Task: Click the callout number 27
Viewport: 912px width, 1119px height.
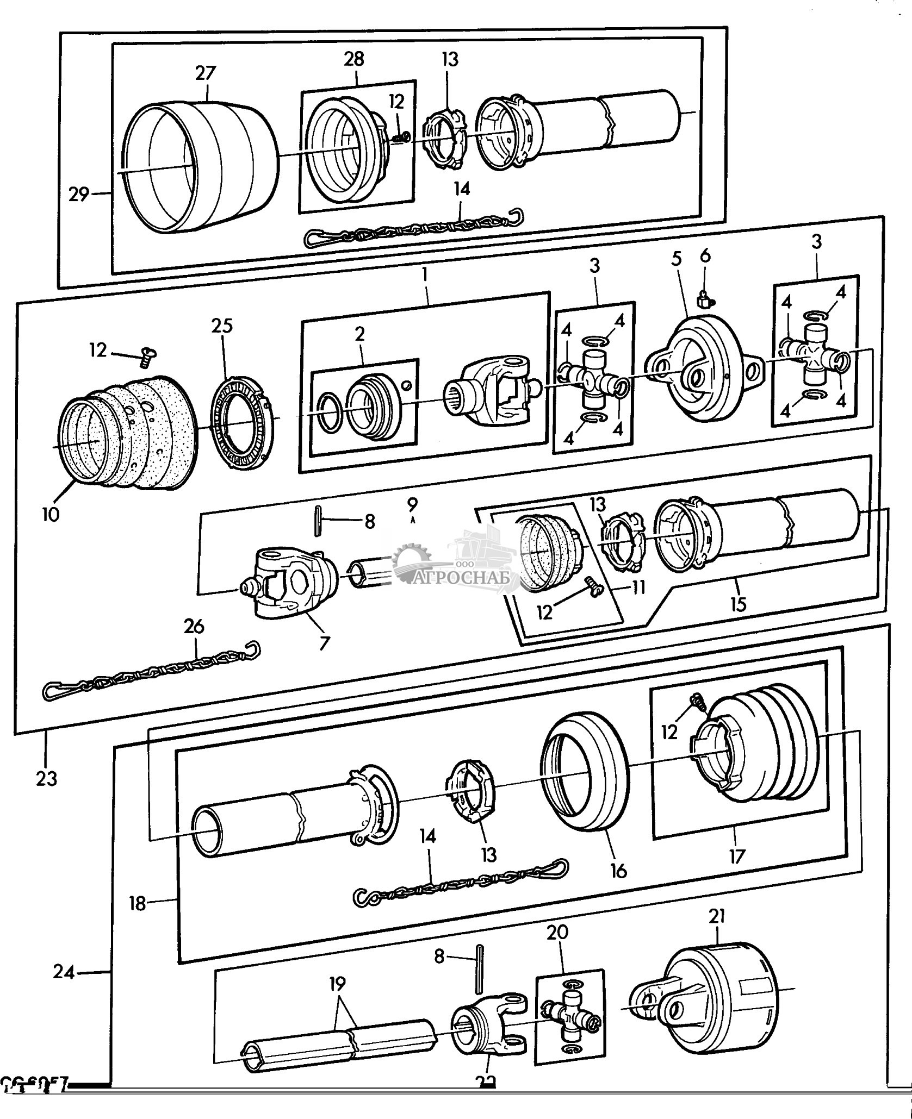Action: tap(205, 73)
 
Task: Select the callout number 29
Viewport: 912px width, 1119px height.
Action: tap(78, 194)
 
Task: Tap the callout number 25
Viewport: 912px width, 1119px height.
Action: tap(222, 326)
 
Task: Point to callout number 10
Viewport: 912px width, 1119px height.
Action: tap(50, 514)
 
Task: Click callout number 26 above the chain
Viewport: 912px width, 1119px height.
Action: tap(194, 627)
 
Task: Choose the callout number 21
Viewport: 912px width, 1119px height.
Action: tap(717, 917)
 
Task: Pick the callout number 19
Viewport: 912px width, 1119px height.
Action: tap(337, 984)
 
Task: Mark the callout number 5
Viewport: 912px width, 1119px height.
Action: tap(676, 259)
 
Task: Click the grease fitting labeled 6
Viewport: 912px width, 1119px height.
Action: tap(704, 297)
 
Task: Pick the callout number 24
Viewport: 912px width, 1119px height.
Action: tap(63, 971)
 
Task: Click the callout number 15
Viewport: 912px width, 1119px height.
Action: tap(738, 604)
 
